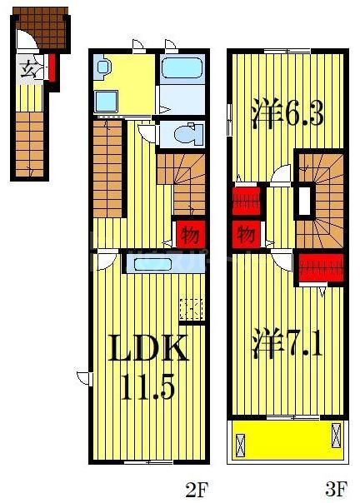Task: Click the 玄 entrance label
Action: click(x=29, y=69)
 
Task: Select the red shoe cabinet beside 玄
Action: click(x=52, y=68)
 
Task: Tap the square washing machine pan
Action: click(x=107, y=100)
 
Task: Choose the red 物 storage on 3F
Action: click(x=245, y=233)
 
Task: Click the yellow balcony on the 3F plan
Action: click(x=287, y=439)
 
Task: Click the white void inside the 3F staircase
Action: click(x=304, y=200)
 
